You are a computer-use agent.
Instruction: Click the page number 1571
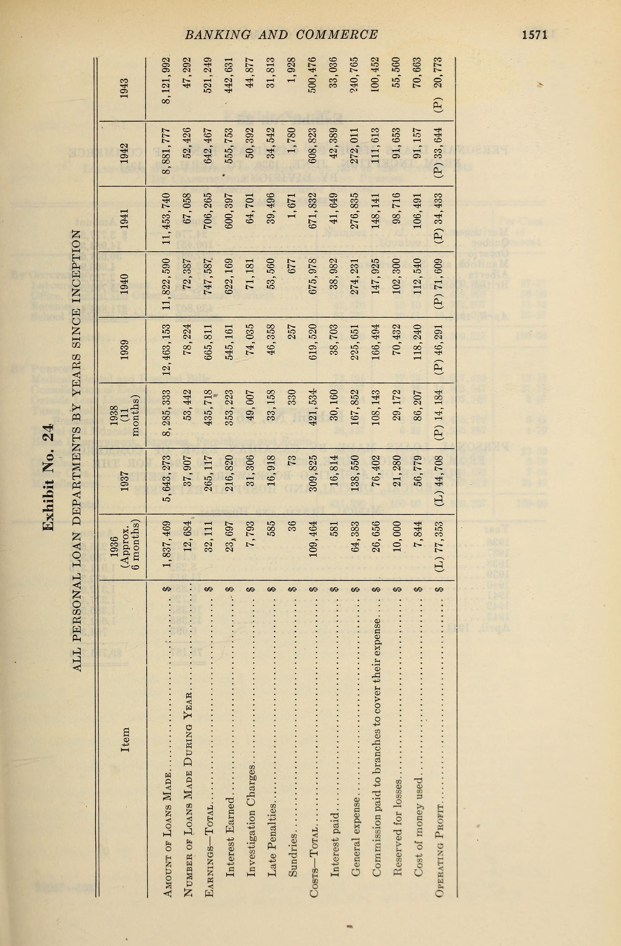click(x=535, y=35)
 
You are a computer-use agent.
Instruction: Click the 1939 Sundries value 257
click(x=293, y=332)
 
